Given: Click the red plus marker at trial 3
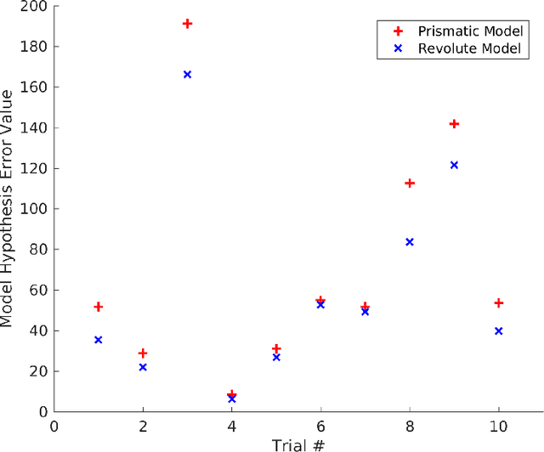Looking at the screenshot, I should (x=187, y=24).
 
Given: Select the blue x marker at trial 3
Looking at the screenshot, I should (x=187, y=75).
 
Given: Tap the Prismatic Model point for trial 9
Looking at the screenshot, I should (x=454, y=124).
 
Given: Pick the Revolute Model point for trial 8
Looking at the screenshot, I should (x=410, y=242).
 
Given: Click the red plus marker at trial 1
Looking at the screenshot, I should (x=99, y=307).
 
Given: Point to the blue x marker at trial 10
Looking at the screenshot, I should (x=498, y=331).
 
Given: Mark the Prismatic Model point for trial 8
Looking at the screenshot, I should (x=410, y=184).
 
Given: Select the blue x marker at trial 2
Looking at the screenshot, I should (x=143, y=367).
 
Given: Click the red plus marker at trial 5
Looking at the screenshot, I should (x=276, y=348).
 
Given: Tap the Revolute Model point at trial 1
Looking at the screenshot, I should (x=99, y=340).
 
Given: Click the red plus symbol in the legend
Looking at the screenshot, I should (x=397, y=31).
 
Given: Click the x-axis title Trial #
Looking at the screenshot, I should (x=298, y=444).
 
